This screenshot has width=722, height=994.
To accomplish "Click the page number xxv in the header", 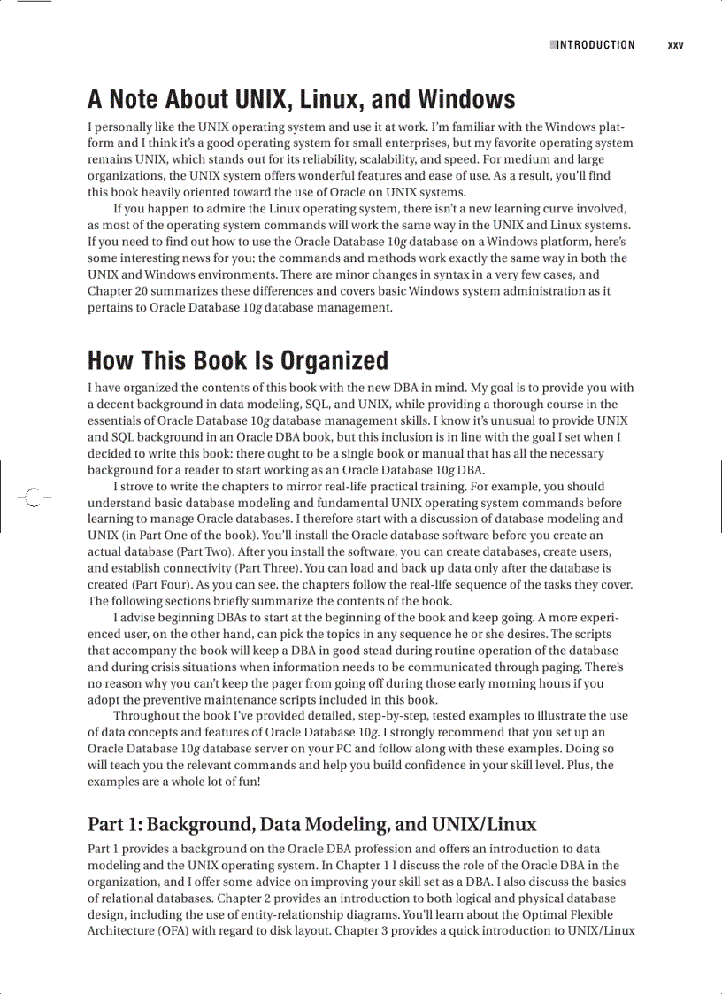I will pos(675,45).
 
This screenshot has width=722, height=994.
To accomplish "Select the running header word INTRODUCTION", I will pos(595,45).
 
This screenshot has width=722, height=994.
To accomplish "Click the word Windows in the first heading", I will pos(466,99).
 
